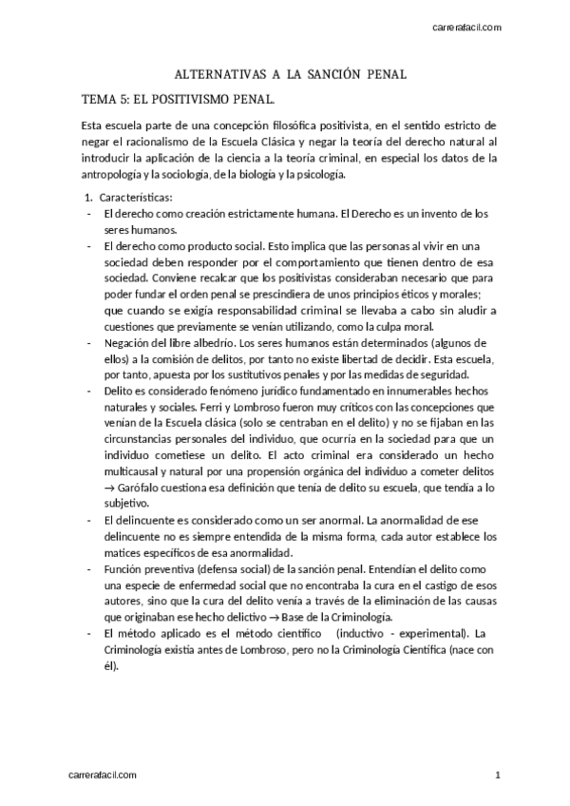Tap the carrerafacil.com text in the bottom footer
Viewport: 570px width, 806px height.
tap(104, 776)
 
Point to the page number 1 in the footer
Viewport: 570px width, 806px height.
tap(497, 776)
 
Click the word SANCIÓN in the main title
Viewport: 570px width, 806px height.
tap(339, 73)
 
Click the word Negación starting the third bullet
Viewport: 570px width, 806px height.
tap(128, 342)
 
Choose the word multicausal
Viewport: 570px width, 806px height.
tap(138, 472)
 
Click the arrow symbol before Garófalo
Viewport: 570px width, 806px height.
tap(110, 488)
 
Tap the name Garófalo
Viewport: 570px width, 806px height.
tap(141, 488)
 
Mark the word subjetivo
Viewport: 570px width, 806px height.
tap(128, 503)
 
